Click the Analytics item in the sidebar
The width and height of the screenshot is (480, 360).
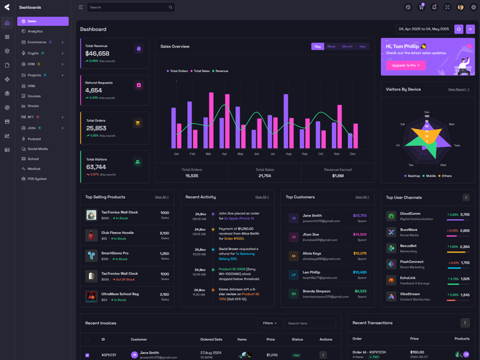pyautogui.click(x=35, y=31)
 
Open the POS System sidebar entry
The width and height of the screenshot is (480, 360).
pyautogui.click(x=37, y=179)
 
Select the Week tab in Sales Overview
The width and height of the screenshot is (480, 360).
pyautogui.click(x=331, y=46)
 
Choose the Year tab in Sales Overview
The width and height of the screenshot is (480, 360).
pyautogui.click(x=362, y=46)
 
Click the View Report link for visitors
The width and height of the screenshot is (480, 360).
pyautogui.click(x=458, y=89)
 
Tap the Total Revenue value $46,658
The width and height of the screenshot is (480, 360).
pyautogui.click(x=97, y=53)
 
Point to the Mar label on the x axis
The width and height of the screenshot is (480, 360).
pyautogui.click(x=208, y=154)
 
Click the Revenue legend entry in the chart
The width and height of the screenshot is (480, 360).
pyautogui.click(x=221, y=71)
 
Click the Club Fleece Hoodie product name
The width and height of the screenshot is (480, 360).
pyautogui.click(x=117, y=233)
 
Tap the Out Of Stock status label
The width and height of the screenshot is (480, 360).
pyautogui.click(x=125, y=280)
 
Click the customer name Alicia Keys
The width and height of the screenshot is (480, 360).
pyautogui.click(x=311, y=253)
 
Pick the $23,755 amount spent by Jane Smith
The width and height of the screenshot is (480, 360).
pyautogui.click(x=359, y=215)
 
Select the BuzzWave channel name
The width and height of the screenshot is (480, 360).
pyautogui.click(x=409, y=230)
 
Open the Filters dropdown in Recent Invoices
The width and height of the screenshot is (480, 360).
pyautogui.click(x=269, y=323)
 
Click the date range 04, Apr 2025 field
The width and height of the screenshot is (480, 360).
pyautogui.click(x=424, y=29)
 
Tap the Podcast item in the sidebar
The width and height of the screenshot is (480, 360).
pyautogui.click(x=34, y=139)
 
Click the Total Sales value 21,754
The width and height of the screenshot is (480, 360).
pyautogui.click(x=265, y=176)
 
